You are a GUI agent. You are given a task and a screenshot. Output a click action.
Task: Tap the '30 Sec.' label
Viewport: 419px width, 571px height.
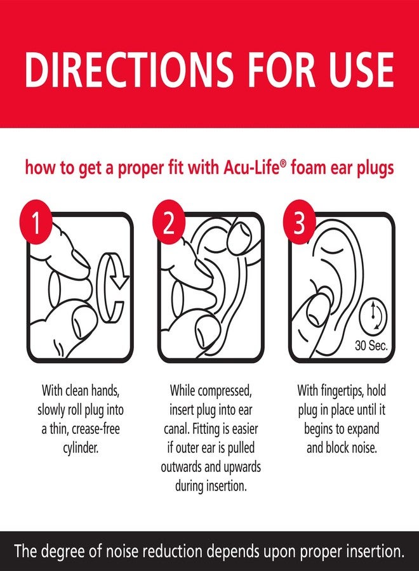371,346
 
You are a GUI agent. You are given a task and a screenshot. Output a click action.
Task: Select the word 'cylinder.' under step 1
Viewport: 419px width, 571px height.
79,447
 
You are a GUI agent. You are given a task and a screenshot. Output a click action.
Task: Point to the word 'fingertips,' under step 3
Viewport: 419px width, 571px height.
345,389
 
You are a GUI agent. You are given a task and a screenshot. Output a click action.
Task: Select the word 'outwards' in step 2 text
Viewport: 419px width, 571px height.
184,468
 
